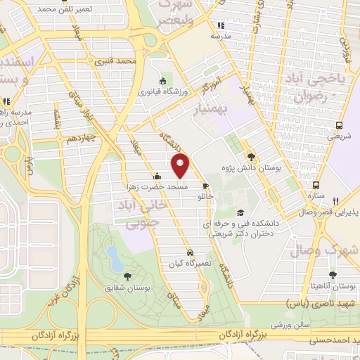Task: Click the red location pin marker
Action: (181, 167)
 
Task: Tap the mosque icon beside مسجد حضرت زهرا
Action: (157, 176)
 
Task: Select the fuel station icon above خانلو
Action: (206, 186)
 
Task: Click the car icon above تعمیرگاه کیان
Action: (190, 252)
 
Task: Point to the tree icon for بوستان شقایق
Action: (127, 276)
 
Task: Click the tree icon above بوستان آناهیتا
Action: (333, 276)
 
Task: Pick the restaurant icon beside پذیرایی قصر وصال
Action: (336, 201)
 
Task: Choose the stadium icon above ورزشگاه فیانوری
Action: (163, 80)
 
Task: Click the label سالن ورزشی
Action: (291, 324)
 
